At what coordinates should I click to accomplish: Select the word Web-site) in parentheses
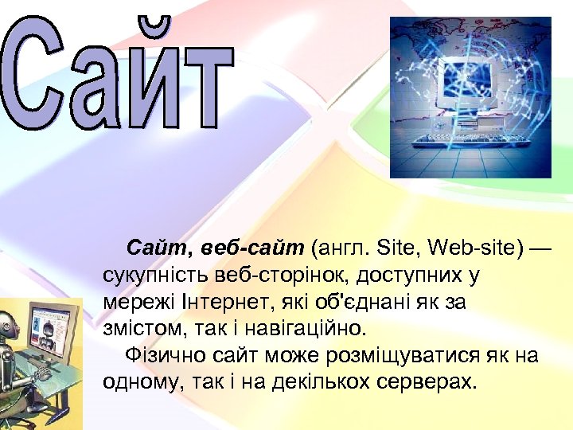(476, 248)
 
